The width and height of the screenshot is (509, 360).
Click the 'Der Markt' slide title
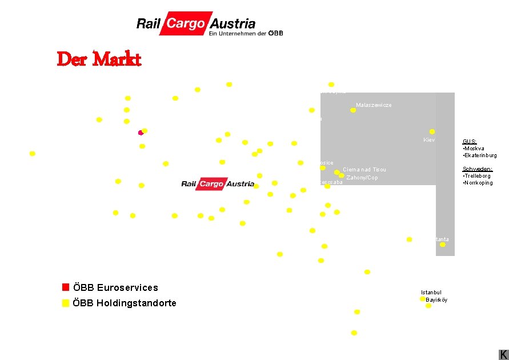click(99, 59)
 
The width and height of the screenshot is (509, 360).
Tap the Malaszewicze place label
click(374, 105)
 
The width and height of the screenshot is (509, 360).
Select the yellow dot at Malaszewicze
click(353, 110)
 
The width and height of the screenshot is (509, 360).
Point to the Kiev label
click(430, 140)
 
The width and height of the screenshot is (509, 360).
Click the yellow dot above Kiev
click(432, 131)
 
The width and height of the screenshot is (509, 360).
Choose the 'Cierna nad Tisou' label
click(364, 170)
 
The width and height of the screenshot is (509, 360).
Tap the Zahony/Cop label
click(362, 178)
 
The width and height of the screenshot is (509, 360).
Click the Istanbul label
click(431, 293)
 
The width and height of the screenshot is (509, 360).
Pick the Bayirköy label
click(436, 300)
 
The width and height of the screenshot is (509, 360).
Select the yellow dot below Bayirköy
click(428, 306)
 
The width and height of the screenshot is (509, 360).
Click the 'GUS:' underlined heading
click(470, 141)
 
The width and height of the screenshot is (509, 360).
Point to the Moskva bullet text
click(474, 149)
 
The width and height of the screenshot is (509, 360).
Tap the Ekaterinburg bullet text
click(480, 155)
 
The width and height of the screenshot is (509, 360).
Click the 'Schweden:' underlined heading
click(477, 169)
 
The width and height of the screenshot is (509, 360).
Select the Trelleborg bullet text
click(477, 176)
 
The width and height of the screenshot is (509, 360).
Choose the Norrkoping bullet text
click(478, 183)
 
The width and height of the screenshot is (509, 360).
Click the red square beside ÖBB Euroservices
click(66, 287)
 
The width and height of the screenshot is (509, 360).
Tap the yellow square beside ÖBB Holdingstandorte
click(66, 303)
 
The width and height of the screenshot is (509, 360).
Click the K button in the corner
click(503, 354)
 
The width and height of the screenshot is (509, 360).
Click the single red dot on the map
click(141, 133)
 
